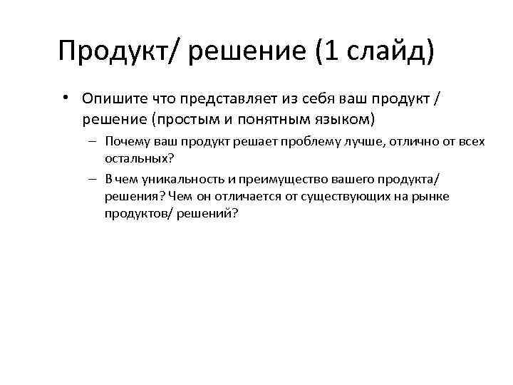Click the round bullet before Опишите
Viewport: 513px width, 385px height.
pos(64,97)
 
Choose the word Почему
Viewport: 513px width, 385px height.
pos(125,142)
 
